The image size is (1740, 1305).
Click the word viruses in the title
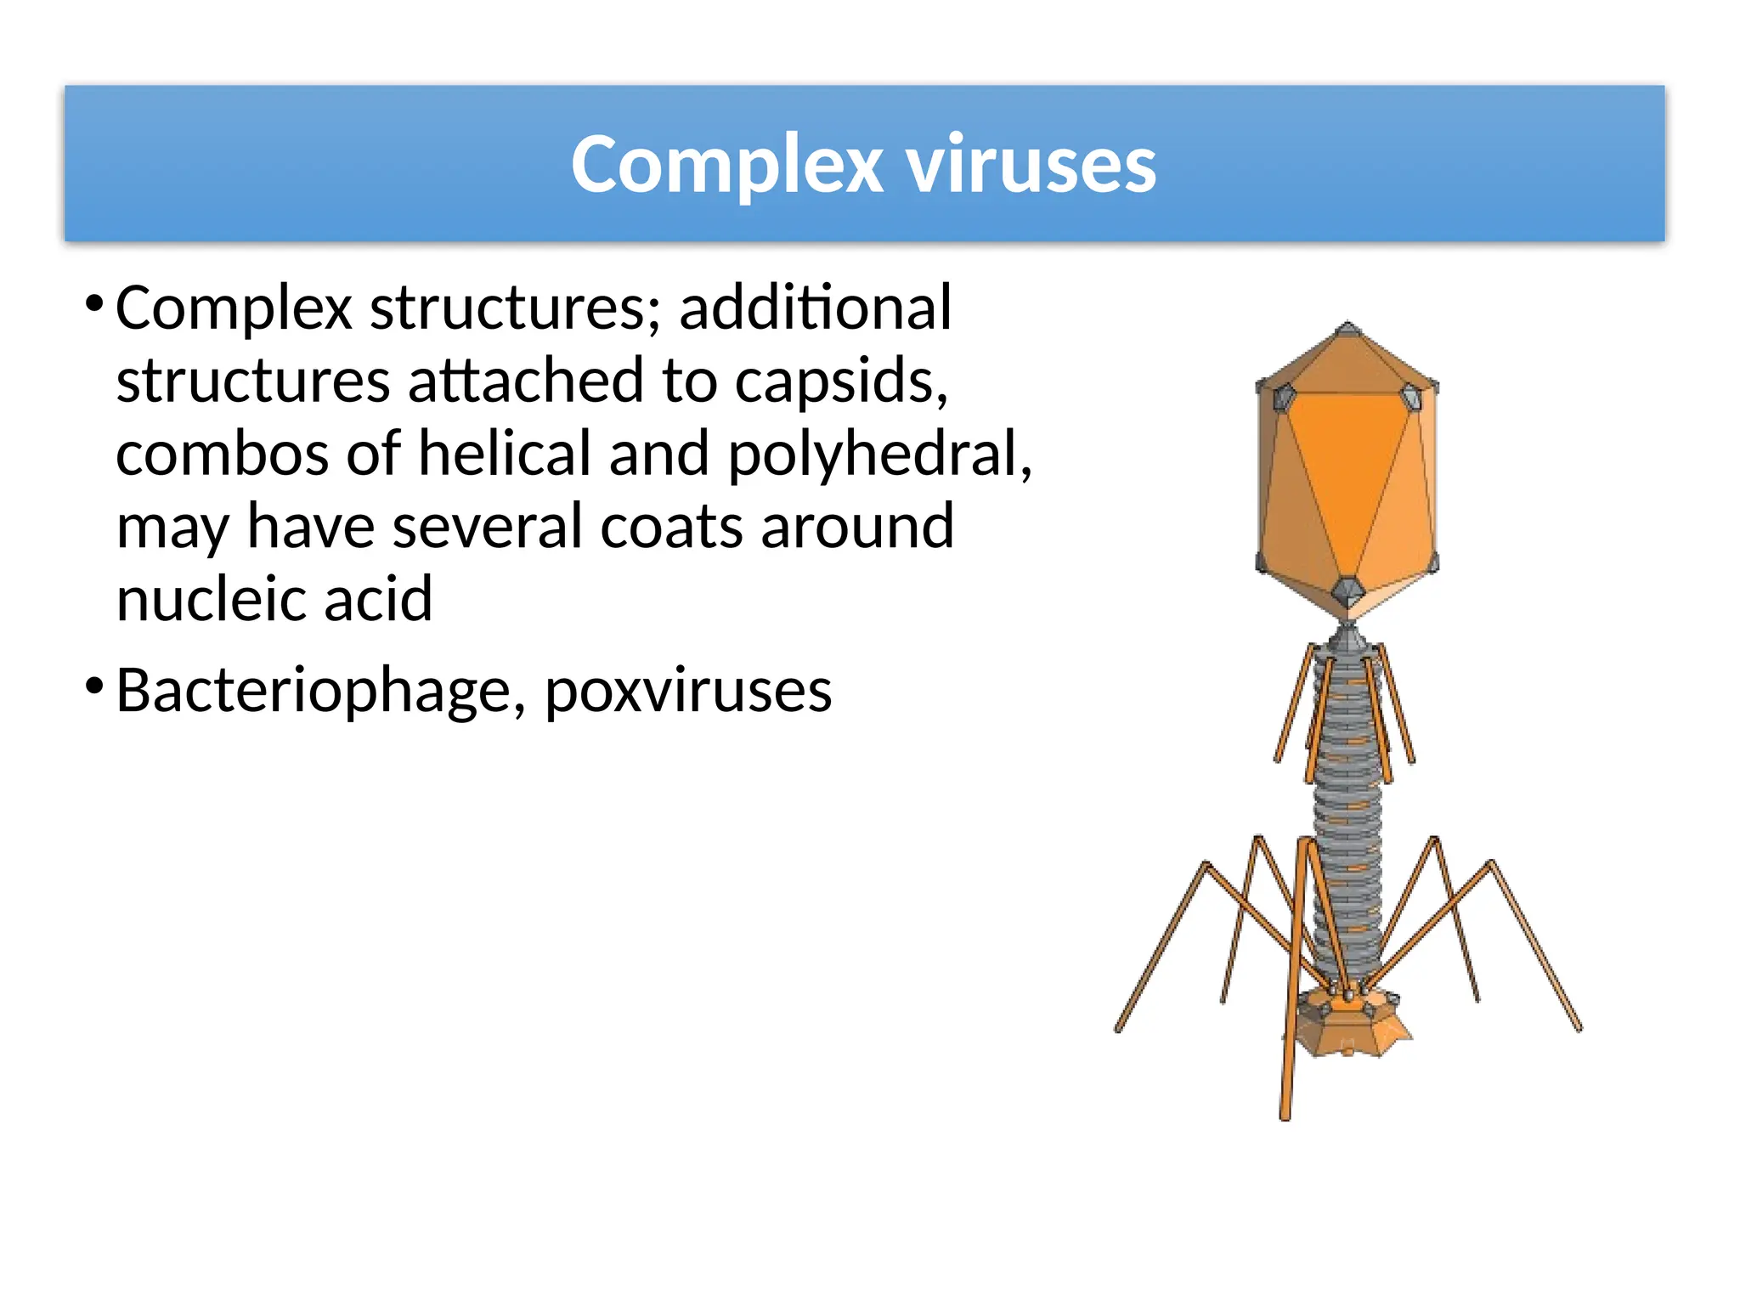click(x=1031, y=164)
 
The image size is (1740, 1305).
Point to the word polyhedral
click(x=879, y=455)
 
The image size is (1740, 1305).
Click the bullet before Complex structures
click(x=94, y=302)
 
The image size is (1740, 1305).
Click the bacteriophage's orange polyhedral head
click(x=1347, y=476)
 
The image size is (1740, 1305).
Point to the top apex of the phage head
click(x=1347, y=327)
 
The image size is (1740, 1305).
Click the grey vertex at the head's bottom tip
click(x=1347, y=590)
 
